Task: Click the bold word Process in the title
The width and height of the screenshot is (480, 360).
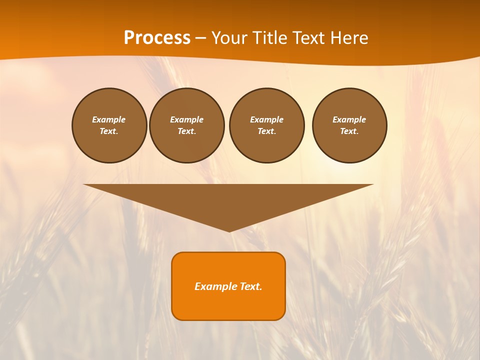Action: pos(157,38)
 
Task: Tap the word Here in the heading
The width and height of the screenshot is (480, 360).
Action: pos(348,38)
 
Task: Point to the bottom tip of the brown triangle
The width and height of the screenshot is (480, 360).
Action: pos(229,231)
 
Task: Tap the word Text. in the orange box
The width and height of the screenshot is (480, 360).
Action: pos(250,286)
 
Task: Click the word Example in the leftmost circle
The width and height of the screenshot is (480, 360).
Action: pos(109,119)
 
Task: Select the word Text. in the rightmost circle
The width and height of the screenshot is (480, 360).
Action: pos(349,131)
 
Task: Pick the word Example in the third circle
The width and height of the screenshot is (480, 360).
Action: pos(267,119)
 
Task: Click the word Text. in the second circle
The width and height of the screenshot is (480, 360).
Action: pos(187,131)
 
